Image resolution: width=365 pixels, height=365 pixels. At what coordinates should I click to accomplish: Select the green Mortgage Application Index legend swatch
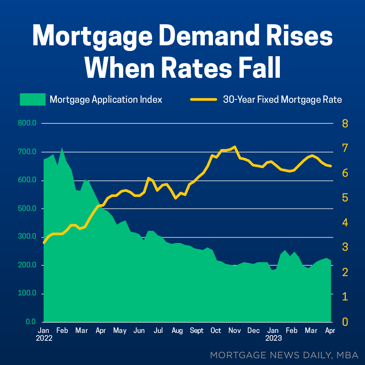pos(32,100)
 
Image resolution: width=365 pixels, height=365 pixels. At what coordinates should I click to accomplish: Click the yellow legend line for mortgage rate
pos(203,100)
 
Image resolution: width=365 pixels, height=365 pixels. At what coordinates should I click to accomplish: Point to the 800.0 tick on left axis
pos(27,123)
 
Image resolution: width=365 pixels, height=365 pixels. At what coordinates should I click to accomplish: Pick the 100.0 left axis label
pos(27,293)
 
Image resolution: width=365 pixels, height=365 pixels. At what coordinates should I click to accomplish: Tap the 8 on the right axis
pos(345,123)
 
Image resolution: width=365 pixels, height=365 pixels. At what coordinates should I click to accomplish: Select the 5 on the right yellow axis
pos(345,198)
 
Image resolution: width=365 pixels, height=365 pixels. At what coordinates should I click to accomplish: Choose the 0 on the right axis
pos(345,322)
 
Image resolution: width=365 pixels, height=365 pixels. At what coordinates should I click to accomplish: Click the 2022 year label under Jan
pos(44,338)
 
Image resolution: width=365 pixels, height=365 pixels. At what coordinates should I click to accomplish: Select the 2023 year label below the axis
pos(273,338)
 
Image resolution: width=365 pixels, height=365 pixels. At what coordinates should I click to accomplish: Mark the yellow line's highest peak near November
pos(235,147)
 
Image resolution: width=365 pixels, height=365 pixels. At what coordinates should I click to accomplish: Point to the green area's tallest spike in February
pos(62,148)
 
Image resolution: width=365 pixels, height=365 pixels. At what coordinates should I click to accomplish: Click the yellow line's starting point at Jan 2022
pos(44,243)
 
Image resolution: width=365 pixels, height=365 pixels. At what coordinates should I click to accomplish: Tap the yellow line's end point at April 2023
pos(331,166)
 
